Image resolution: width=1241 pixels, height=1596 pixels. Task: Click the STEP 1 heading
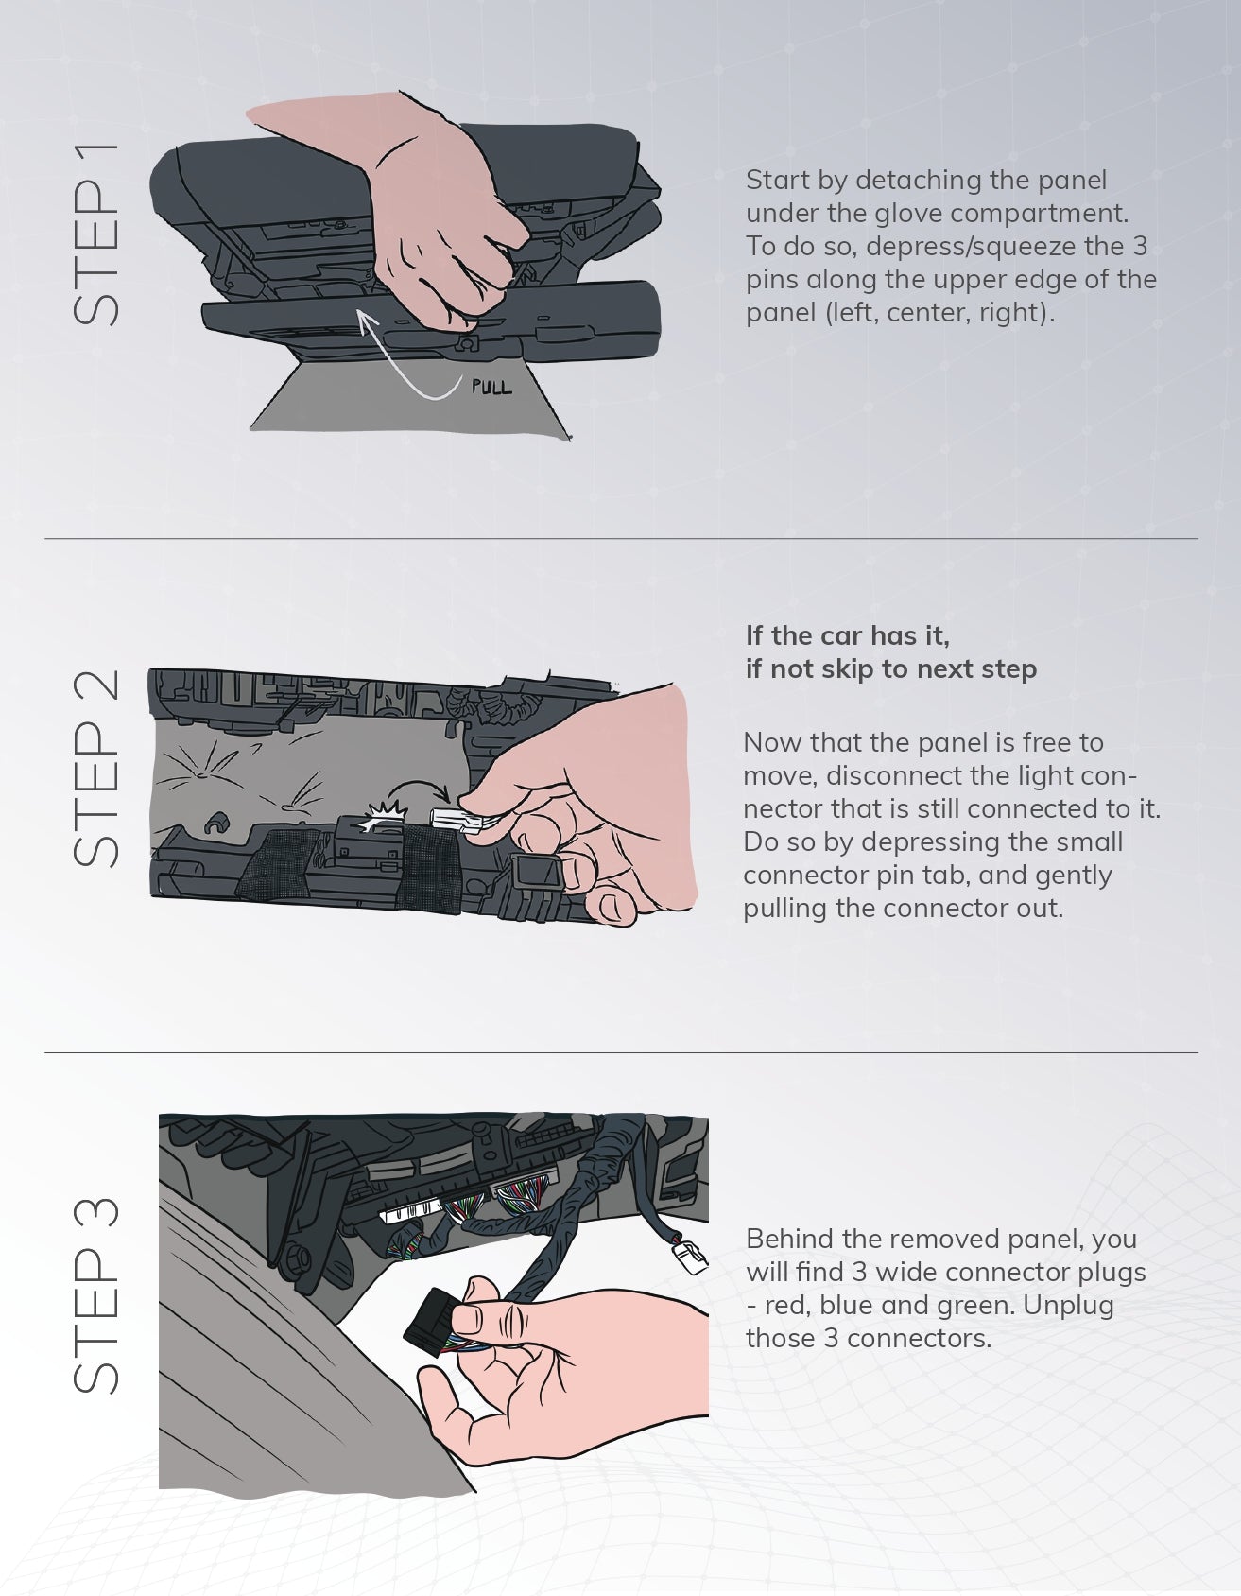click(95, 234)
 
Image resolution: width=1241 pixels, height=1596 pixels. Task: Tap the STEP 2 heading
click(95, 768)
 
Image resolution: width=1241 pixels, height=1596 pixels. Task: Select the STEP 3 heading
click(95, 1294)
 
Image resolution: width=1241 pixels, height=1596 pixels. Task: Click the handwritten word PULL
click(491, 387)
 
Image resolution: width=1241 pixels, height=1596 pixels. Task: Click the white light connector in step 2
click(458, 820)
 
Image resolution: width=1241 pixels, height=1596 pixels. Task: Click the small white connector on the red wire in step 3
click(690, 1256)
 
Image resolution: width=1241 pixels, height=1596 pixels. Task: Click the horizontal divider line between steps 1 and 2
click(621, 539)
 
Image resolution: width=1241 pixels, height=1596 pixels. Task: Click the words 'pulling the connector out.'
click(904, 909)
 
